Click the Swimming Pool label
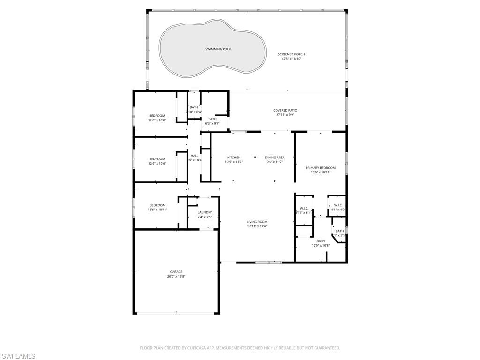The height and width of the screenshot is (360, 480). click(218, 49)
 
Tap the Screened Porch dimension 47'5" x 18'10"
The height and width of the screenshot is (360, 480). click(291, 59)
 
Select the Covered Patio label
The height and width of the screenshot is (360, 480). click(285, 110)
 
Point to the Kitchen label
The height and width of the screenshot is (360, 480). click(234, 157)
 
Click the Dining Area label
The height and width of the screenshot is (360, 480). click(274, 157)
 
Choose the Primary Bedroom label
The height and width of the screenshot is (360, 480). click(321, 167)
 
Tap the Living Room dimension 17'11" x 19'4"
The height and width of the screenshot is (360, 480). click(257, 226)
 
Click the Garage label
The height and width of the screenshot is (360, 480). click(176, 271)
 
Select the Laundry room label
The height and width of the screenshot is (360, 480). click(205, 212)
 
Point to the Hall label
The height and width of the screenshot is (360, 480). click(194, 156)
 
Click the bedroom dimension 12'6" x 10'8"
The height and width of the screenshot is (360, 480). click(157, 120)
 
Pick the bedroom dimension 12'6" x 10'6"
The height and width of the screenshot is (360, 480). click(157, 164)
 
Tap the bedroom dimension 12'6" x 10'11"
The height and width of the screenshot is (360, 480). click(157, 210)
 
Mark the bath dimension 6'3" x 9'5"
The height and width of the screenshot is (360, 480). click(212, 124)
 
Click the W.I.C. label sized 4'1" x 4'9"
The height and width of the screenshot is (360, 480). click(338, 205)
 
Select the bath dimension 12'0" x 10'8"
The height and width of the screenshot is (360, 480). click(321, 245)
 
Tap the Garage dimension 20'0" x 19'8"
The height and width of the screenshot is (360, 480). click(176, 277)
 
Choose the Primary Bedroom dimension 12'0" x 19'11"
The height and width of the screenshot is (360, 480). click(321, 172)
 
